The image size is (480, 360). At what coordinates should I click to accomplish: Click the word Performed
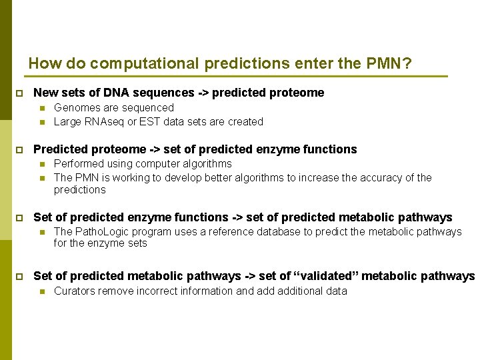coord(79,163)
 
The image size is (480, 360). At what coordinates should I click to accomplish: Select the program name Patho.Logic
coord(103,231)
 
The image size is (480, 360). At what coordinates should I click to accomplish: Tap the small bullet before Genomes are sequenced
coord(41,108)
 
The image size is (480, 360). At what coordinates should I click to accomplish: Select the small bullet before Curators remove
coord(41,291)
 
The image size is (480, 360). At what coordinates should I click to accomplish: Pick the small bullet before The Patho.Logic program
coord(41,232)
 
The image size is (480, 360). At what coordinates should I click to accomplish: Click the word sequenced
coord(149,107)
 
